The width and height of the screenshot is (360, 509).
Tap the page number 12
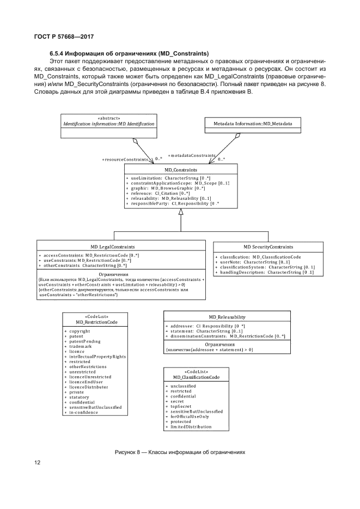37,463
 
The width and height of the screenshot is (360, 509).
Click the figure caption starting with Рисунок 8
180,452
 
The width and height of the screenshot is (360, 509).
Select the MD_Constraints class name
181,170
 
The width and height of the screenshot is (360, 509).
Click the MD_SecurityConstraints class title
268,247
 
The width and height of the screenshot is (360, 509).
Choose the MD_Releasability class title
227,317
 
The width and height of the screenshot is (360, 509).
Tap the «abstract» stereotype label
108,118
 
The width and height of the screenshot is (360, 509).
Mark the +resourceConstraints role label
125,159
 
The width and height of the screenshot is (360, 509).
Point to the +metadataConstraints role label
192,155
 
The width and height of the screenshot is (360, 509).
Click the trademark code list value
80,346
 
